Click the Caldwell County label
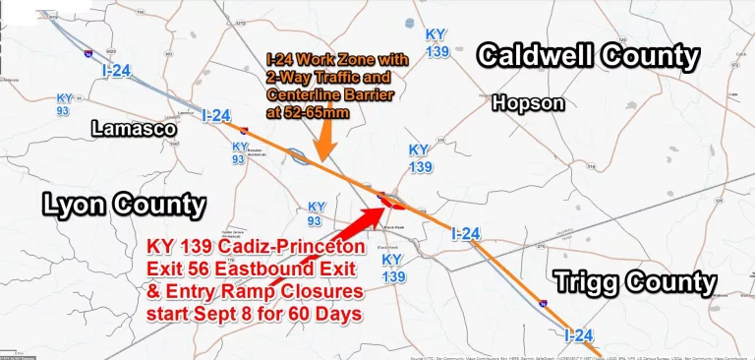pyautogui.click(x=588, y=56)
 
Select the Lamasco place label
pyautogui.click(x=133, y=128)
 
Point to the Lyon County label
pyautogui.click(x=124, y=205)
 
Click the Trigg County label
pyautogui.click(x=635, y=283)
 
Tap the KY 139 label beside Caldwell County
pyautogui.click(x=436, y=42)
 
